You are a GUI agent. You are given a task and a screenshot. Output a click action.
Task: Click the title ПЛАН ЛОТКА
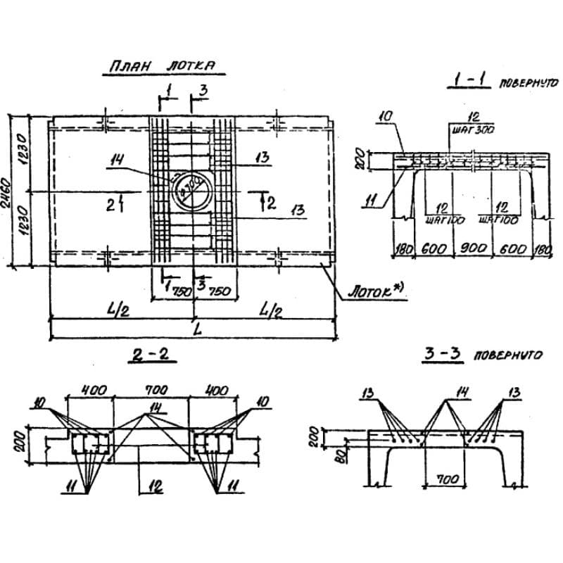(x=161, y=68)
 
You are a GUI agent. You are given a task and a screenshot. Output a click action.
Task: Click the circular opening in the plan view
(x=190, y=186)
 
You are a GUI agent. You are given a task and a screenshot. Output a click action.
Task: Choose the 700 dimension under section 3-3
(x=445, y=479)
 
